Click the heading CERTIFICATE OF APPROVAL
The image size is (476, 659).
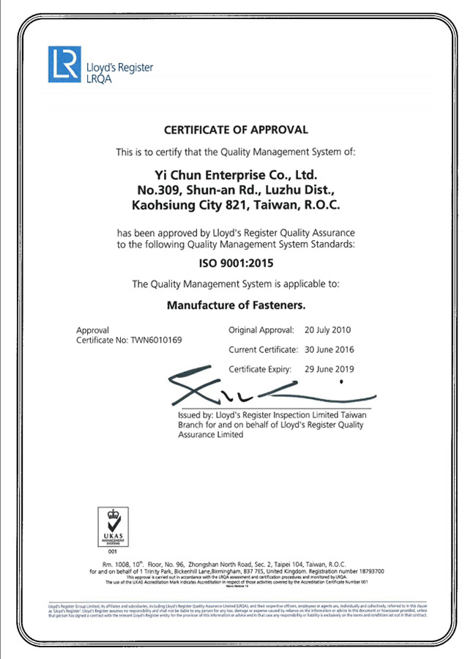point(236,130)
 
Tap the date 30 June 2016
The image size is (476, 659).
point(330,350)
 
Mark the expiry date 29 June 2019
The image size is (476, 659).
point(330,369)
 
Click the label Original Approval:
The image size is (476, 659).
point(261,330)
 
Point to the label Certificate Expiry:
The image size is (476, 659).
point(260,369)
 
